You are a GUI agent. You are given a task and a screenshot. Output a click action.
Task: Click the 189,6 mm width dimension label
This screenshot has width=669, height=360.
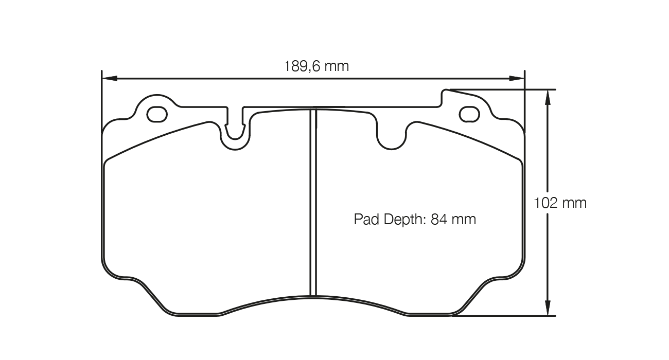coord(316,66)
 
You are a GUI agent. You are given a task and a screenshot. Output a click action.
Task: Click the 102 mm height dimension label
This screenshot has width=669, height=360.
coord(560,203)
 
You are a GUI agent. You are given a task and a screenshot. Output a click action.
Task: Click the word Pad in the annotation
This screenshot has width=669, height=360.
coord(365,220)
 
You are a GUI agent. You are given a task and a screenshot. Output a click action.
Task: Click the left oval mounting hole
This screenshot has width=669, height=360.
coord(157,114)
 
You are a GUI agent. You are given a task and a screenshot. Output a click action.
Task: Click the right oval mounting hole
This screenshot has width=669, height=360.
coord(469,114)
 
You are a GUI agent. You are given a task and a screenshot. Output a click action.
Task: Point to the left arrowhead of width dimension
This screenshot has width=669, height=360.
coord(109,78)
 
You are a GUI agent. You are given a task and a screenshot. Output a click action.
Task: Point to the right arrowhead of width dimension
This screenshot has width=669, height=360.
coord(517,78)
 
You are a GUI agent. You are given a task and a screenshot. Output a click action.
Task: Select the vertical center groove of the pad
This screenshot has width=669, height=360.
coord(313,206)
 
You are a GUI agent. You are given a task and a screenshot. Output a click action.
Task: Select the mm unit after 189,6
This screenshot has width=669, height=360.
coord(336,66)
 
